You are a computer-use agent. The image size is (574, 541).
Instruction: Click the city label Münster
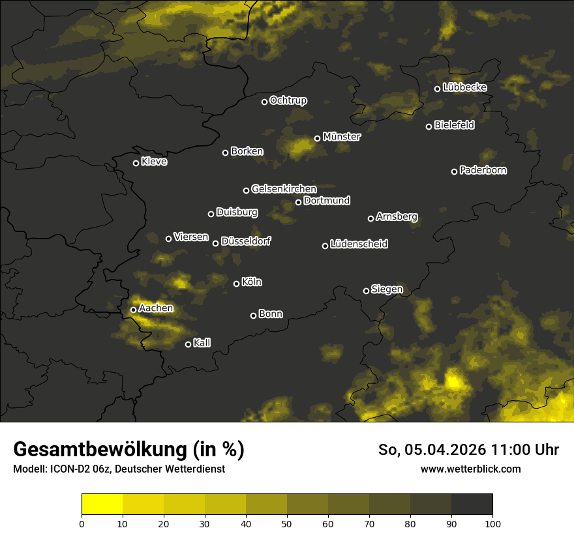tap(342, 137)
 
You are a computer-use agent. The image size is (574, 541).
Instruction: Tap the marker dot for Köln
tap(236, 284)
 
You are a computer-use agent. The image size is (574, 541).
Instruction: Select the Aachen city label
tap(156, 308)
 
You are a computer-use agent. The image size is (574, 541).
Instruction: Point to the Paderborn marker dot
tap(455, 171)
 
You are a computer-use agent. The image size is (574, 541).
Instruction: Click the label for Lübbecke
tap(464, 87)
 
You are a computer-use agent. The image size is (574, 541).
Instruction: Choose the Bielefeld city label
tap(454, 125)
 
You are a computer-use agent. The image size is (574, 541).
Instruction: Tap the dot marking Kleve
tap(136, 163)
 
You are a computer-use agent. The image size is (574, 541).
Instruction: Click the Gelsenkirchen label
tap(284, 189)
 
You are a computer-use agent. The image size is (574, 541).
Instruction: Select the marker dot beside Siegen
tap(366, 291)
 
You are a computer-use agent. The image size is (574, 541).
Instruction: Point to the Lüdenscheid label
tap(359, 244)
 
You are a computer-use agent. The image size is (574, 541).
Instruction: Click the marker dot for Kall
tap(188, 344)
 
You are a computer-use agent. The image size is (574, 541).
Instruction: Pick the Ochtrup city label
tap(288, 100)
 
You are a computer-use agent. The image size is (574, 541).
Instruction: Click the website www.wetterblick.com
tap(470, 469)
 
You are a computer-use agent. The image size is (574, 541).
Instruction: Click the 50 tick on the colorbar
tap(287, 523)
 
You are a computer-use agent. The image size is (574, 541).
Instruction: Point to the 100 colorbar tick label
tap(492, 523)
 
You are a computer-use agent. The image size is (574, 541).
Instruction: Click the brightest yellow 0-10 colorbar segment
tap(102, 504)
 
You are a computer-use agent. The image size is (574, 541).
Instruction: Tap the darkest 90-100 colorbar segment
tap(472, 504)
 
